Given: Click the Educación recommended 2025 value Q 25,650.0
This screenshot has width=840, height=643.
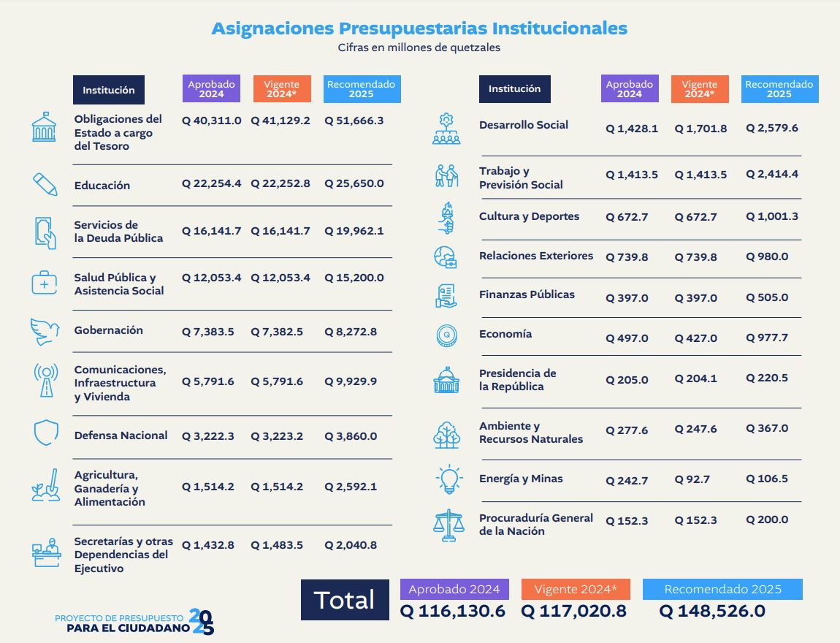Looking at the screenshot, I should coord(354,183).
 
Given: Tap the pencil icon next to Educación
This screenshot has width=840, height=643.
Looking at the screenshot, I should coord(45,183).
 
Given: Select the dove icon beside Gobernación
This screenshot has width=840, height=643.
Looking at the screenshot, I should coord(45,331).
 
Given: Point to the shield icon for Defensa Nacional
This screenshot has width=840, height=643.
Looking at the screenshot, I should coord(45,433).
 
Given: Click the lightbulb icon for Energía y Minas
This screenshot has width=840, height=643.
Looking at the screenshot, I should coord(447,479).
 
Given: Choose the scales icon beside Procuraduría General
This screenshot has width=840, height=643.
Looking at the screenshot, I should coord(448,524).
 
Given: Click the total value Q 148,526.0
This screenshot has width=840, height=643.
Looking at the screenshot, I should coord(712,612).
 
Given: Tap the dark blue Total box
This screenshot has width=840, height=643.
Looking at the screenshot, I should coord(345,599).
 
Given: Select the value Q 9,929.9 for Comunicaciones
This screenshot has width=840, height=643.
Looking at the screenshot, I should coord(351,381).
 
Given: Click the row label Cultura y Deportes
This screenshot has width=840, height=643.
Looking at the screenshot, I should coord(529,216).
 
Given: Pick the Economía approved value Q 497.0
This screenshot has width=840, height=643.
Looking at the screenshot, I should coord(627,338).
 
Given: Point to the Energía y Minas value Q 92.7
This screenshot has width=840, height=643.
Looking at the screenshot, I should coord(692,480).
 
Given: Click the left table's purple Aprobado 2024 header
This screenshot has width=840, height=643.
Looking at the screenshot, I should coord(212,89).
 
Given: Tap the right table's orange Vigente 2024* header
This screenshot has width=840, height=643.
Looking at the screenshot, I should coord(699,89).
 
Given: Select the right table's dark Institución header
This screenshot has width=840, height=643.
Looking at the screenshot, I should coord(515,89).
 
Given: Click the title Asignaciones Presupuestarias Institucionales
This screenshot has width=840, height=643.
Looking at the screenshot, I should coord(419,28).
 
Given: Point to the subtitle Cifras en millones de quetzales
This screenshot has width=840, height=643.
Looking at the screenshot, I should coord(419,47).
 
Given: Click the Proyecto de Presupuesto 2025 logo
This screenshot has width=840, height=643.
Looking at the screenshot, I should coord(135,622).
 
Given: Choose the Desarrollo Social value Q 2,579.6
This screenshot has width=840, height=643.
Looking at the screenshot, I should coord(771,128).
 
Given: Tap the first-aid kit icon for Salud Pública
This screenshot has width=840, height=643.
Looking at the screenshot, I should coord(44,283).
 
